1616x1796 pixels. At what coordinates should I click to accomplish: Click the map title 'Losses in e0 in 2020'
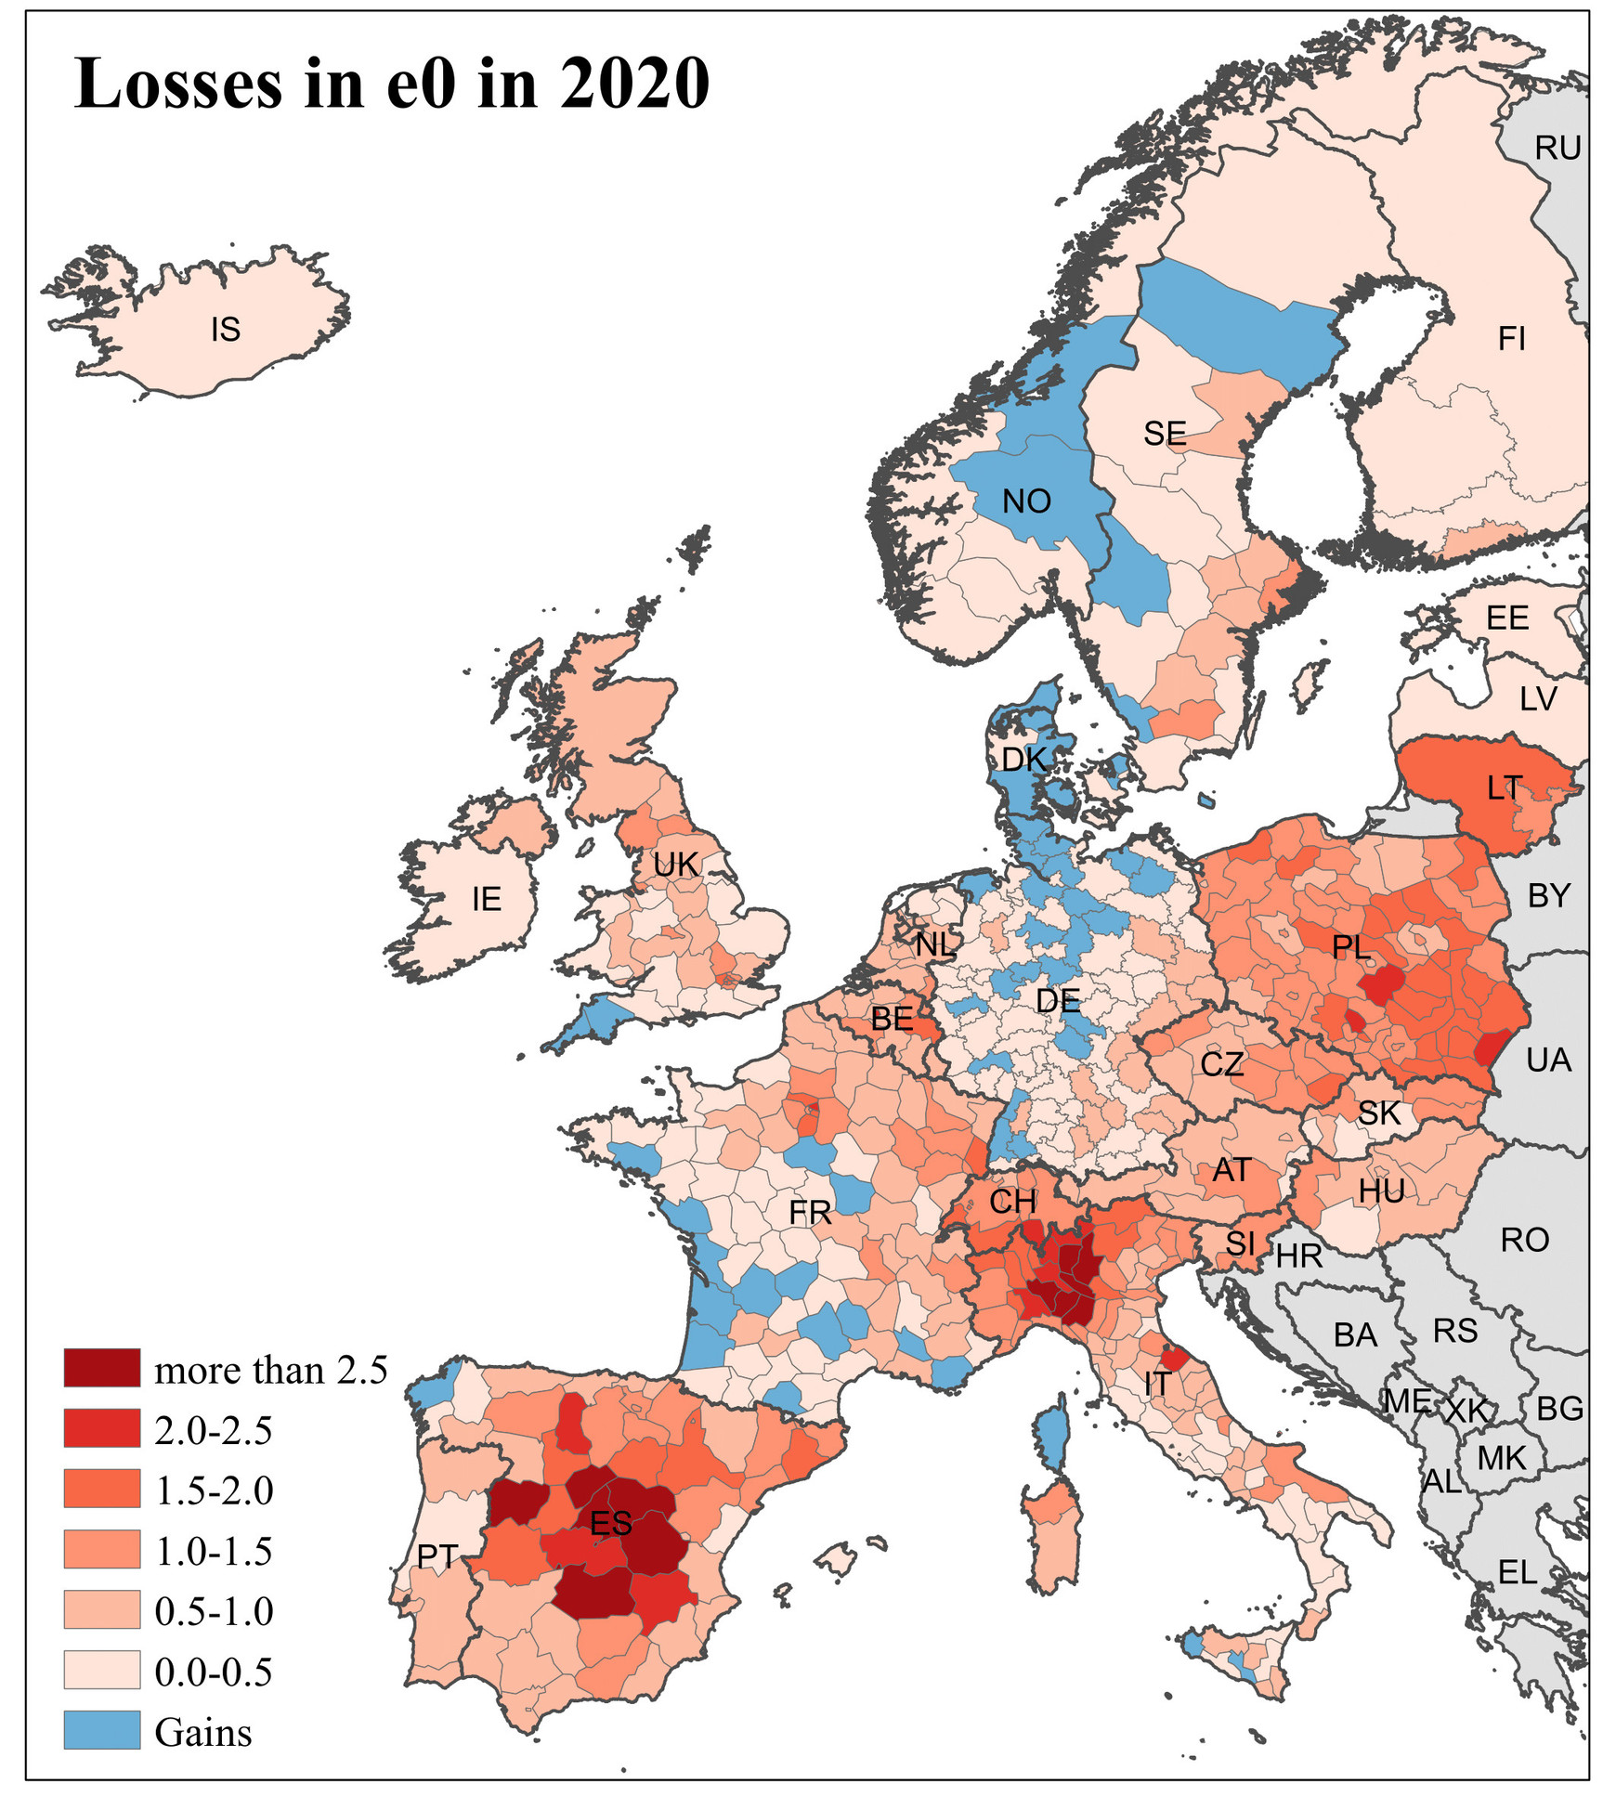point(391,84)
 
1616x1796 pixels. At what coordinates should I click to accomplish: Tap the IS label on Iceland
point(225,329)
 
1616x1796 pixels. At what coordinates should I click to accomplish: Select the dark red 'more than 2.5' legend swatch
point(102,1368)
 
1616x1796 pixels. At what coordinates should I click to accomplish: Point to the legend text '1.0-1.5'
point(214,1551)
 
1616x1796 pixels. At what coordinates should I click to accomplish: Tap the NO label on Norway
point(1026,501)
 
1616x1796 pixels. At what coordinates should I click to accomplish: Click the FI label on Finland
point(1511,339)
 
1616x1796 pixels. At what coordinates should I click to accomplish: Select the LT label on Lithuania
point(1504,788)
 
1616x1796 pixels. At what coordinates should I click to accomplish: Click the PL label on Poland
point(1350,947)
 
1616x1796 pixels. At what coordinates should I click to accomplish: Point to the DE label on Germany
point(1057,1000)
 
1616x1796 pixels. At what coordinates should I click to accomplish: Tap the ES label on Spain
point(610,1523)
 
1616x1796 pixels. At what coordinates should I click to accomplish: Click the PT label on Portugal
point(436,1556)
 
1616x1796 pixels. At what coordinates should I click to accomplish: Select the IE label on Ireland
point(486,898)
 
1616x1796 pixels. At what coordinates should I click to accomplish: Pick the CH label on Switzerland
point(1011,1202)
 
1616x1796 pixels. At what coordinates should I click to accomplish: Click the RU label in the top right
point(1557,148)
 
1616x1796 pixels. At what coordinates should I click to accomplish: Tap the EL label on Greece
point(1517,1572)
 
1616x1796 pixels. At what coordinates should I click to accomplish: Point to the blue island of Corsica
point(1050,1442)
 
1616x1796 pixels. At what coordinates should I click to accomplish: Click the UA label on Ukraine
point(1548,1060)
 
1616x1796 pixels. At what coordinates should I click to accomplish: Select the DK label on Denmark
point(1023,760)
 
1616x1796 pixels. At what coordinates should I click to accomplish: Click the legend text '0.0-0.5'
point(214,1672)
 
